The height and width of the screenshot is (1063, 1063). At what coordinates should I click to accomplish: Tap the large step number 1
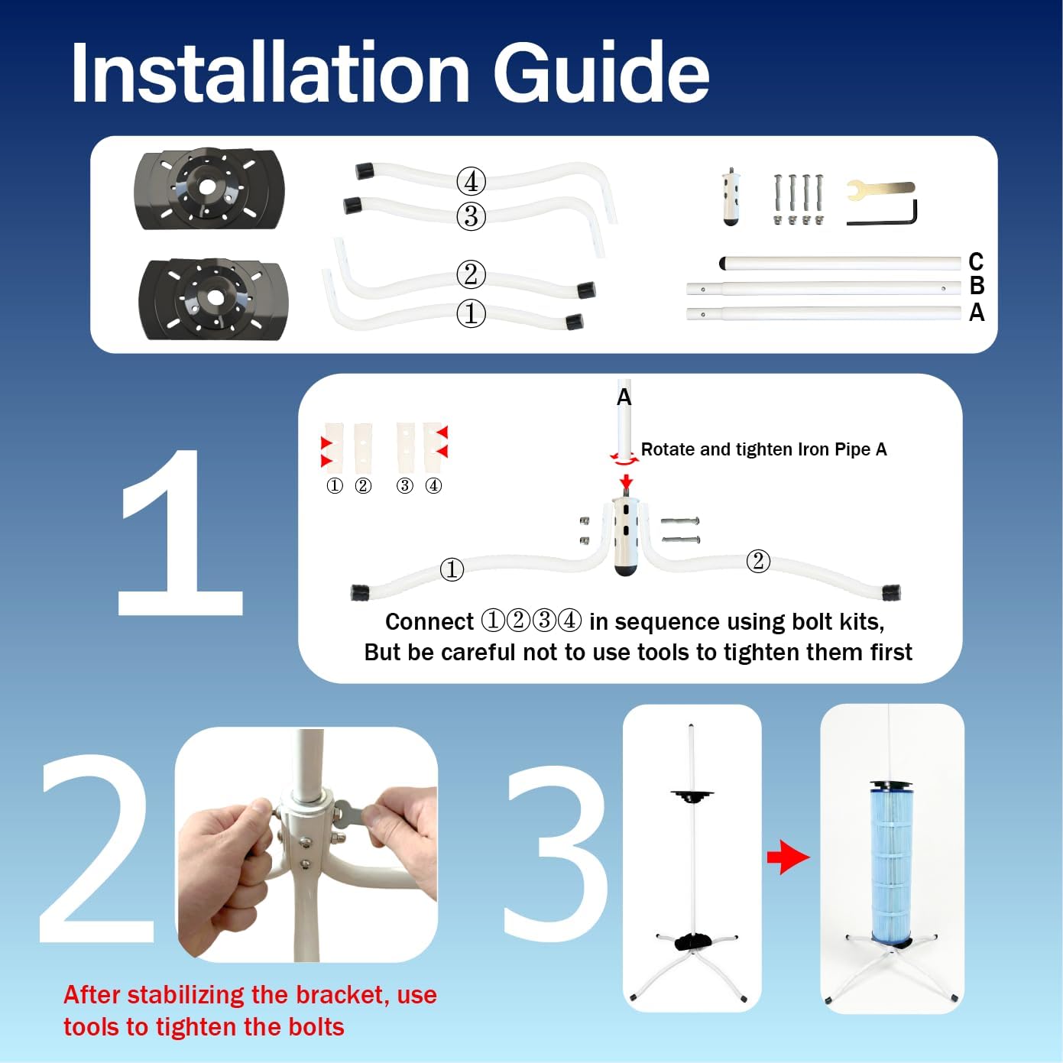pyautogui.click(x=181, y=535)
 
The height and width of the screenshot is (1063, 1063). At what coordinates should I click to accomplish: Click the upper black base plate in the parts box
pyautogui.click(x=209, y=189)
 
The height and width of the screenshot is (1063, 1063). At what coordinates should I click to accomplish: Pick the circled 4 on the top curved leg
pyautogui.click(x=471, y=181)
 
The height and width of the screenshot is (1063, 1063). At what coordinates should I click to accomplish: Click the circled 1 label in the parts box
pyautogui.click(x=471, y=313)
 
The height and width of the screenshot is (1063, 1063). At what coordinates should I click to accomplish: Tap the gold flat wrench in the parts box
pyautogui.click(x=880, y=189)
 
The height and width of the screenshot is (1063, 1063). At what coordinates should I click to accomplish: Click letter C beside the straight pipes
pyautogui.click(x=976, y=262)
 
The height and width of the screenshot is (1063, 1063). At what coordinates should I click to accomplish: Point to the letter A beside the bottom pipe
pyautogui.click(x=977, y=313)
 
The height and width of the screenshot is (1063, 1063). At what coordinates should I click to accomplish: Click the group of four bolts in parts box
pyautogui.click(x=798, y=199)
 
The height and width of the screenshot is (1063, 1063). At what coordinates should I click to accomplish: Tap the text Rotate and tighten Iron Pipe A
pyautogui.click(x=763, y=449)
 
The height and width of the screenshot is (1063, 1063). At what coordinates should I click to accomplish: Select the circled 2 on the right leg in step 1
pyautogui.click(x=757, y=561)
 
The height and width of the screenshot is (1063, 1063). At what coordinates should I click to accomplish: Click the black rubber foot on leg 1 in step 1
pyautogui.click(x=359, y=591)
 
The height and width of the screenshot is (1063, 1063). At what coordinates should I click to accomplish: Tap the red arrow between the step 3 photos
pyautogui.click(x=788, y=857)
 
